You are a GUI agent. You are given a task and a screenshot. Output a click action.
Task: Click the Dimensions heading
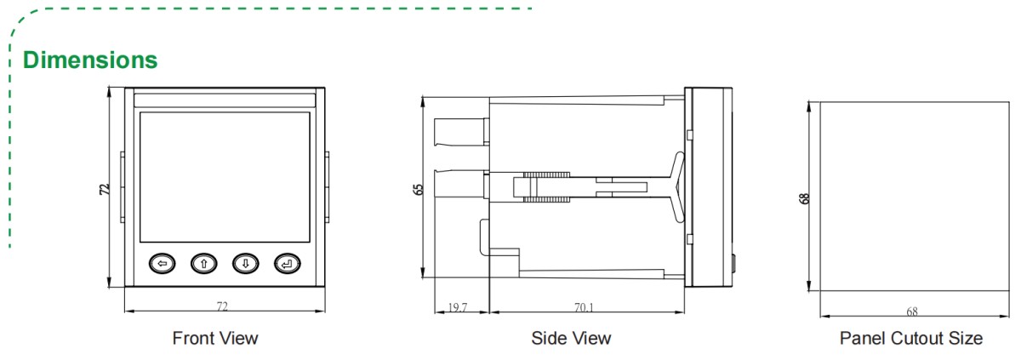pos(90,60)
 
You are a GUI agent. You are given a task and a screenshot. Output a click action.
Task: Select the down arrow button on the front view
pos(245,264)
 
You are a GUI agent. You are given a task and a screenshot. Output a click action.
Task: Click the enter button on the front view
pos(287,264)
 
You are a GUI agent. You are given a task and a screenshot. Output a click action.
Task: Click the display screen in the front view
pos(225,175)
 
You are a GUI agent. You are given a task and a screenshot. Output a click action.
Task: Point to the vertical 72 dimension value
pos(105,190)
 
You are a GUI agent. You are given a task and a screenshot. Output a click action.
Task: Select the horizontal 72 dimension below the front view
pos(223,304)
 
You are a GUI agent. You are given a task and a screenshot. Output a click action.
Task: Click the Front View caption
pos(215,338)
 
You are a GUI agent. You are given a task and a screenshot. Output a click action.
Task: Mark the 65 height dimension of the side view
pos(418,189)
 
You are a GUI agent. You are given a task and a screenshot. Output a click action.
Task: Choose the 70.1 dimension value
pos(585,307)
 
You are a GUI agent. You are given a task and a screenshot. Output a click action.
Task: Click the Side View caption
pos(571,338)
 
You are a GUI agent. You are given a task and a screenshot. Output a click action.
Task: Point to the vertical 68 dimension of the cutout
pos(804,197)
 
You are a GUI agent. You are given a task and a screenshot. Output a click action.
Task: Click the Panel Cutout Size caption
pos(911,338)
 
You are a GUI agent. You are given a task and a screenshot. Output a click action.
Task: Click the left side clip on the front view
pos(122,188)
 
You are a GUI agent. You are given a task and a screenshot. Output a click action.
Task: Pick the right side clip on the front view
pos(327,188)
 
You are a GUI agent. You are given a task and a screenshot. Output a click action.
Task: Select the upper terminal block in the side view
pos(460,132)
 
